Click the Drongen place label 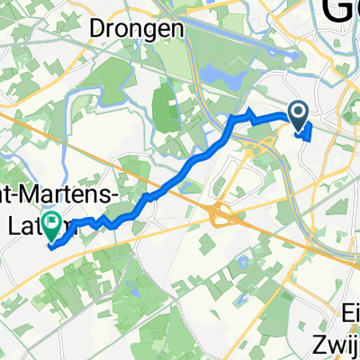(138, 28)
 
